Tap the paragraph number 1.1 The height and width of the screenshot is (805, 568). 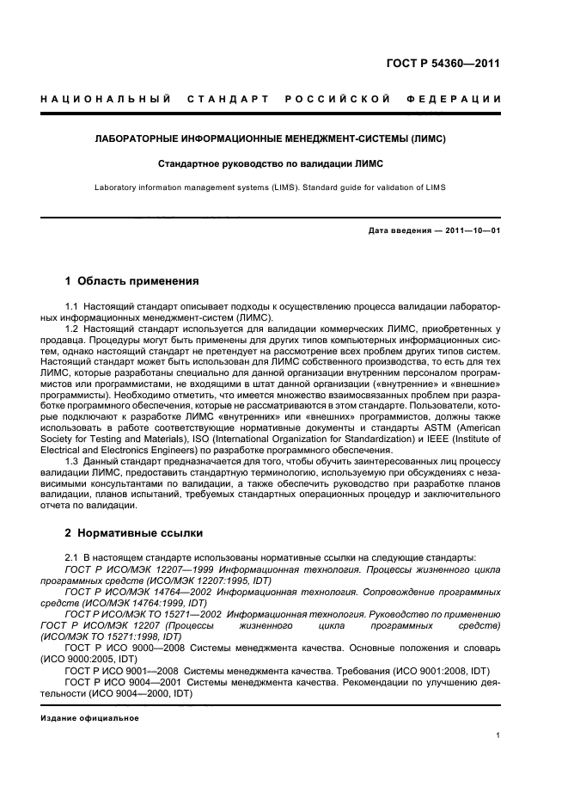click(x=73, y=307)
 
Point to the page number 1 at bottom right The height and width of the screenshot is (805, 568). click(x=498, y=735)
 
